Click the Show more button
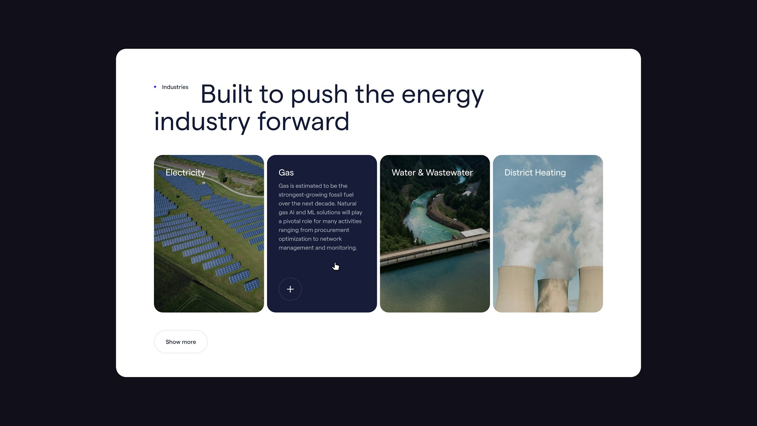click(181, 342)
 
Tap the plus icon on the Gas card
click(290, 289)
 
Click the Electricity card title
click(185, 173)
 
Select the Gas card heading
click(286, 173)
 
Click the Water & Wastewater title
click(432, 173)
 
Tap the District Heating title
click(535, 173)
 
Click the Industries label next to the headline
click(175, 87)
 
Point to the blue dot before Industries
click(155, 87)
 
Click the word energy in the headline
click(442, 95)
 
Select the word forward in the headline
click(303, 122)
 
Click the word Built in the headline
click(226, 94)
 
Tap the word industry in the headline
click(202, 122)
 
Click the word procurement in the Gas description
click(332, 230)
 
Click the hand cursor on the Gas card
click(335, 266)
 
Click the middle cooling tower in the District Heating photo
click(553, 295)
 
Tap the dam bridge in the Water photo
click(435, 248)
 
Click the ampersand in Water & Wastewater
click(421, 173)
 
